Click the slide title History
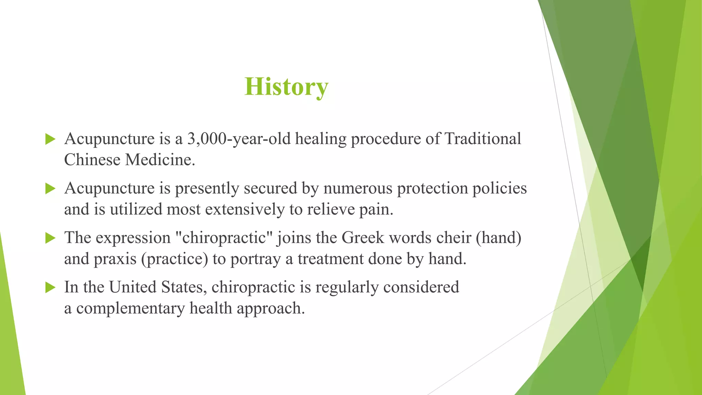point(286,87)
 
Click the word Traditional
point(483,139)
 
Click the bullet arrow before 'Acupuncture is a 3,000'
point(50,139)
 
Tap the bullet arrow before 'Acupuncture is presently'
point(50,189)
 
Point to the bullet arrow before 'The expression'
point(50,238)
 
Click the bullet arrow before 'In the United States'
point(50,287)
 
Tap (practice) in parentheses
point(174,259)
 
